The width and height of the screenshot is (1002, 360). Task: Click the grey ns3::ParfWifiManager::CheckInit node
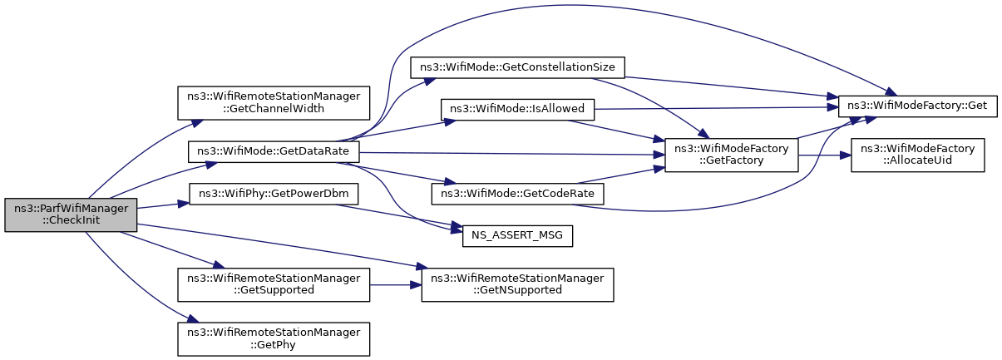(71, 215)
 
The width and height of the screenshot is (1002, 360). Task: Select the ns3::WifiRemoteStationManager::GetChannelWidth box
(274, 103)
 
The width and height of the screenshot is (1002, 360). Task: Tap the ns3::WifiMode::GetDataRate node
(274, 151)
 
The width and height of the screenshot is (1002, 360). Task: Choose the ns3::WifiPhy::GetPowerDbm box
(274, 194)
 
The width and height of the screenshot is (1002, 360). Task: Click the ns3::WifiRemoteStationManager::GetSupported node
(274, 284)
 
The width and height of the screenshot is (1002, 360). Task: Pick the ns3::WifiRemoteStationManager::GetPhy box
(274, 339)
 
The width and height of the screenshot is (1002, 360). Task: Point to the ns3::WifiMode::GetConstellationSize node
(517, 67)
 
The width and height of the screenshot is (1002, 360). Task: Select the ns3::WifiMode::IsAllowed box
(517, 110)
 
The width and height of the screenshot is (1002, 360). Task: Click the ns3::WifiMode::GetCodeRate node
(517, 194)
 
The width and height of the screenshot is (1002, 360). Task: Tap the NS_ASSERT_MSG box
(517, 235)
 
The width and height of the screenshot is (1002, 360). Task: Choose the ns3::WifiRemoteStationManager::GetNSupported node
(517, 284)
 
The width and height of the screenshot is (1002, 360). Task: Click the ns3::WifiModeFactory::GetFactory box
(731, 155)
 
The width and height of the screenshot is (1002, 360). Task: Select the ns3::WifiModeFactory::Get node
(917, 106)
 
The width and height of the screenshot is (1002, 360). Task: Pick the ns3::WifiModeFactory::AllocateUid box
(917, 155)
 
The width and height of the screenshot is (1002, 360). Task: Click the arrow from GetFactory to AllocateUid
(824, 155)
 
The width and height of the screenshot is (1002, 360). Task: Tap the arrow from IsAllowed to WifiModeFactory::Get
(716, 108)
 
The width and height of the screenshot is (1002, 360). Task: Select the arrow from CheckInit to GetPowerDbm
(163, 205)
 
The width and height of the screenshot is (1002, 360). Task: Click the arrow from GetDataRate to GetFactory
(512, 154)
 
